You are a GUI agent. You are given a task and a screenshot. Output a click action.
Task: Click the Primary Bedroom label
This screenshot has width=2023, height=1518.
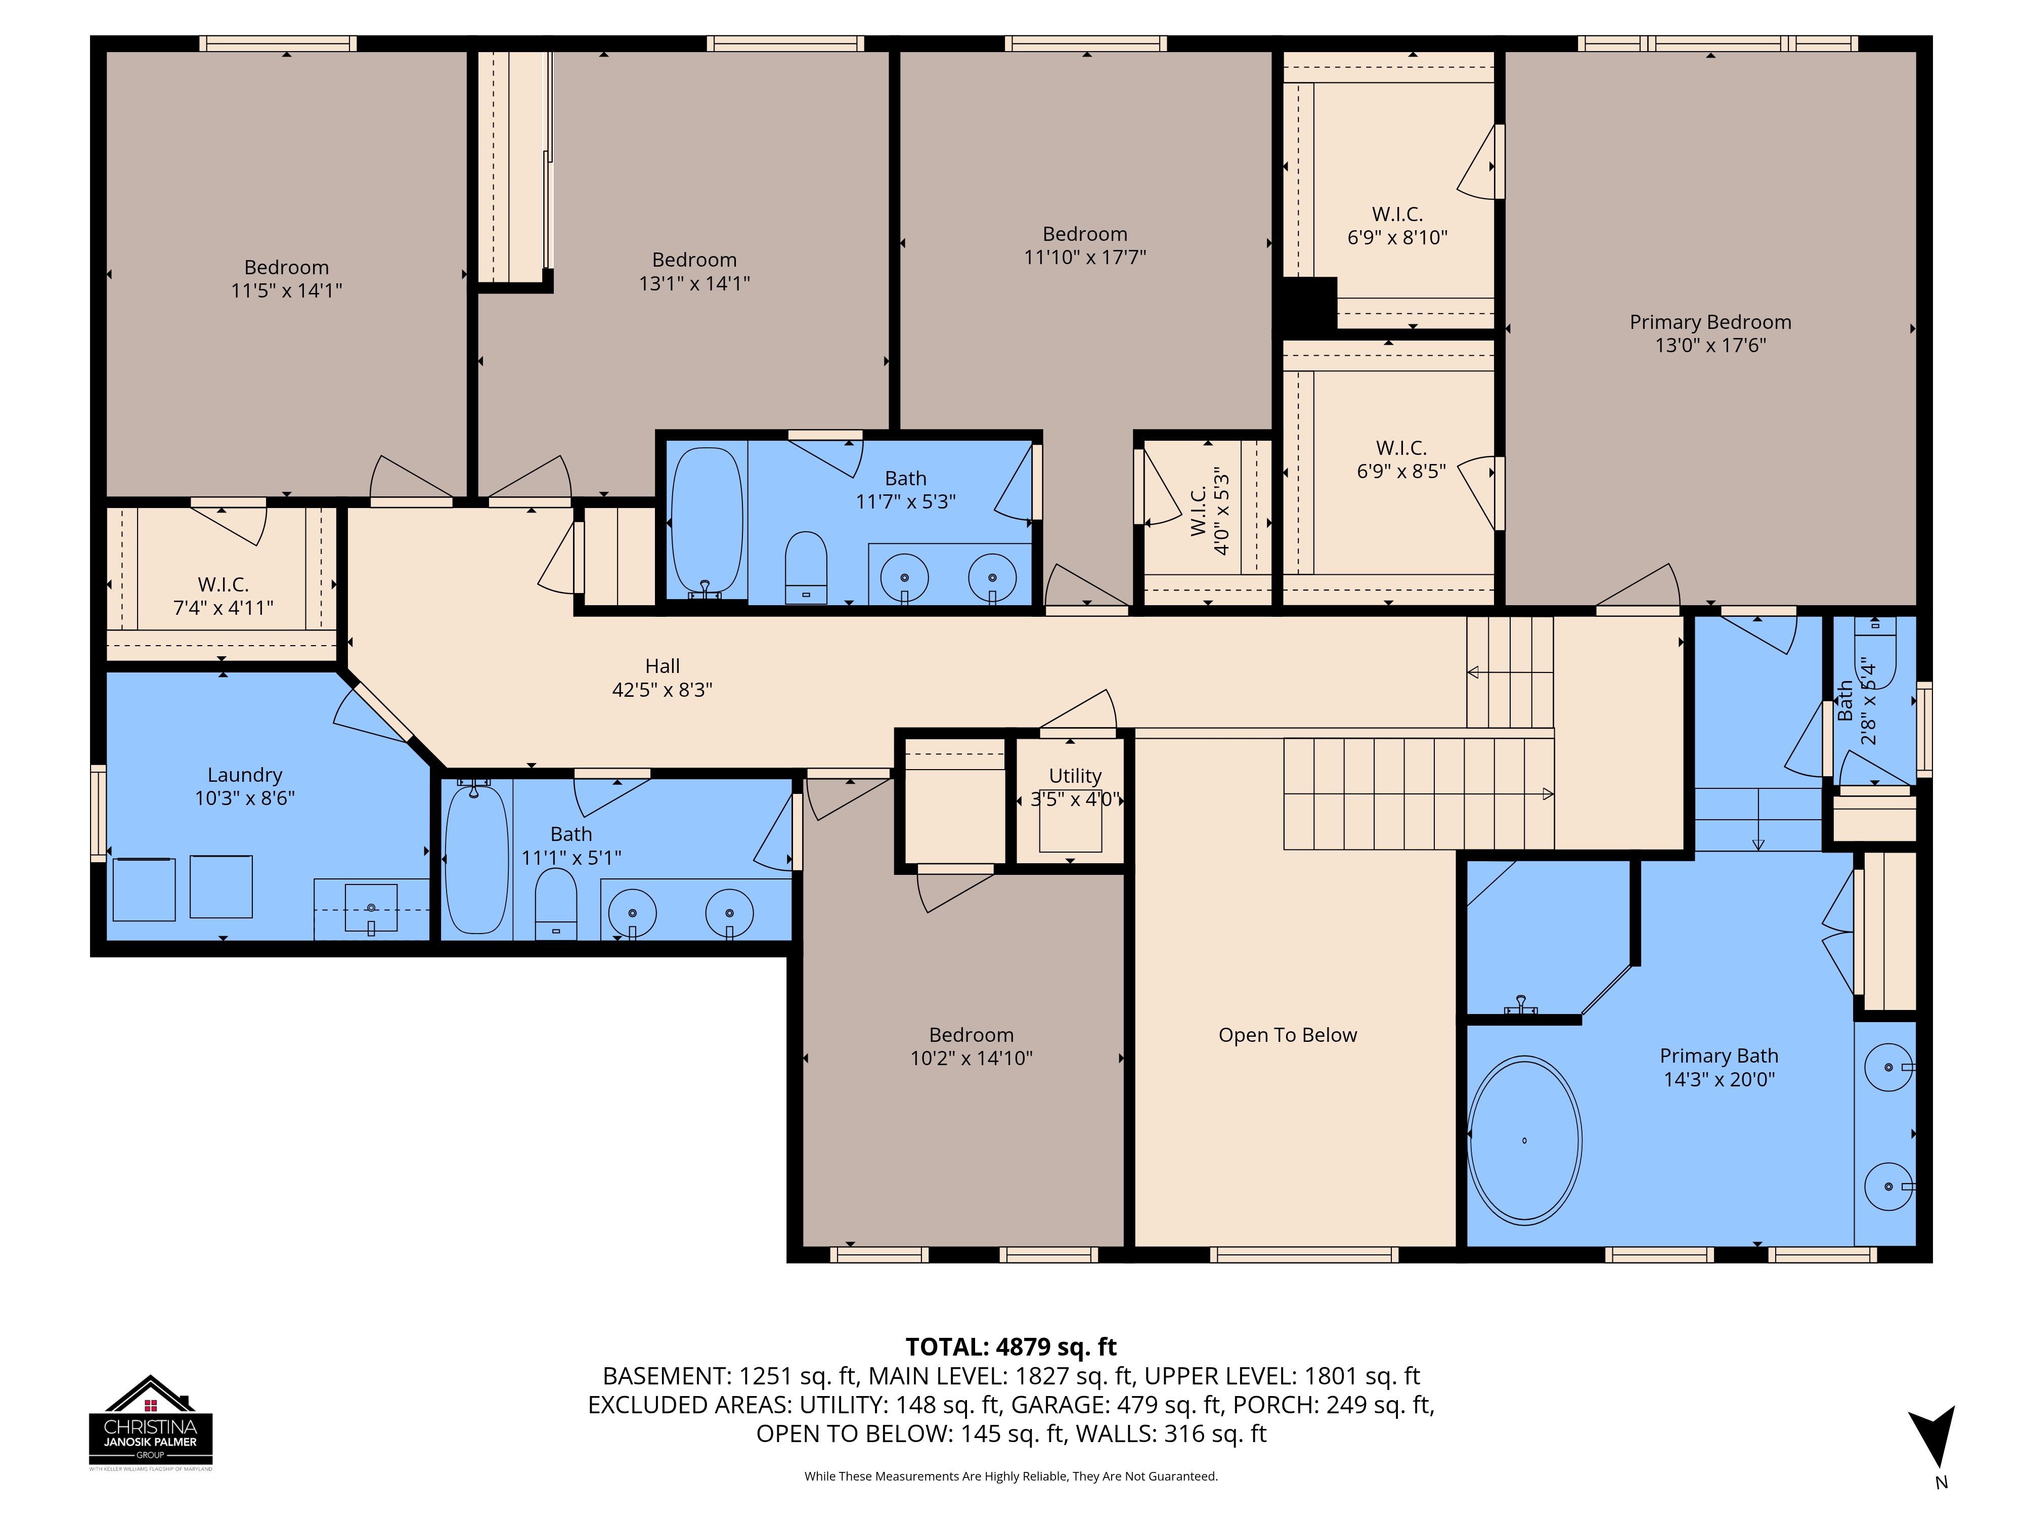1709,322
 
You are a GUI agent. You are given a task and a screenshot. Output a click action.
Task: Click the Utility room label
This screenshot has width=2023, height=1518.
1075,775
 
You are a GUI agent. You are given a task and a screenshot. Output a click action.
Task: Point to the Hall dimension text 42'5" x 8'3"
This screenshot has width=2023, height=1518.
662,689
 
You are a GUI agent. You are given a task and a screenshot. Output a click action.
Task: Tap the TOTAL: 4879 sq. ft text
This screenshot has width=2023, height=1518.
1010,1347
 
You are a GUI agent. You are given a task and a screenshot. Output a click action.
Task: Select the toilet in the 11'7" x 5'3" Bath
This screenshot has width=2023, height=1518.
806,567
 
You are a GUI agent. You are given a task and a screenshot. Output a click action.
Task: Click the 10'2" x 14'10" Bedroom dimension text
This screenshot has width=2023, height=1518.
971,1058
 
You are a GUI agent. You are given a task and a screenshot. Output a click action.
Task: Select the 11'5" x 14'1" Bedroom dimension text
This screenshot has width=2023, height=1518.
286,290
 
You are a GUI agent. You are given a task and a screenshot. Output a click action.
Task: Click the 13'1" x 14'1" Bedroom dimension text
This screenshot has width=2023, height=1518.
694,283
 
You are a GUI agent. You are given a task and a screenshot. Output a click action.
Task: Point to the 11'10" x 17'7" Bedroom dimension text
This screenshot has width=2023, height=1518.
1085,257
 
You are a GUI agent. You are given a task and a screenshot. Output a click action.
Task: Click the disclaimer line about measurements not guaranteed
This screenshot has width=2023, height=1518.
1010,1476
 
